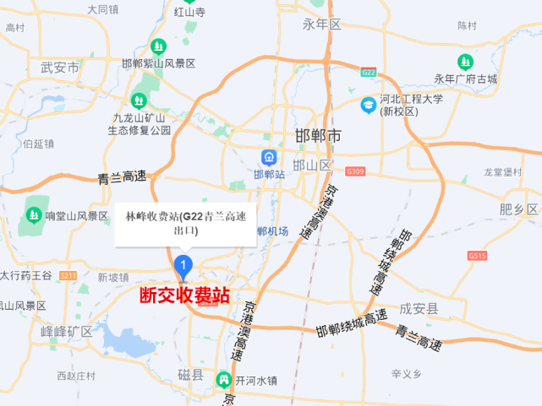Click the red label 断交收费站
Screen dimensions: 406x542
tap(184, 296)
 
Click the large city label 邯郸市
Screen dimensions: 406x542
tap(318, 136)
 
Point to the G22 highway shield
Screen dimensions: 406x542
tap(368, 73)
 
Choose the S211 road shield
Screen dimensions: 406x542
tap(68, 275)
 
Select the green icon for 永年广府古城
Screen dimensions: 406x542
tap(465, 62)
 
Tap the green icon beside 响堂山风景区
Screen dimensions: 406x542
tap(33, 215)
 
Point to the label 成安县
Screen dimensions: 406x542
tap(420, 310)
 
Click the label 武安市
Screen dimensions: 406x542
tap(60, 68)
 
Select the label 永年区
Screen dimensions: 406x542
tap(322, 24)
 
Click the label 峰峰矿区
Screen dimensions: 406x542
tap(66, 331)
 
